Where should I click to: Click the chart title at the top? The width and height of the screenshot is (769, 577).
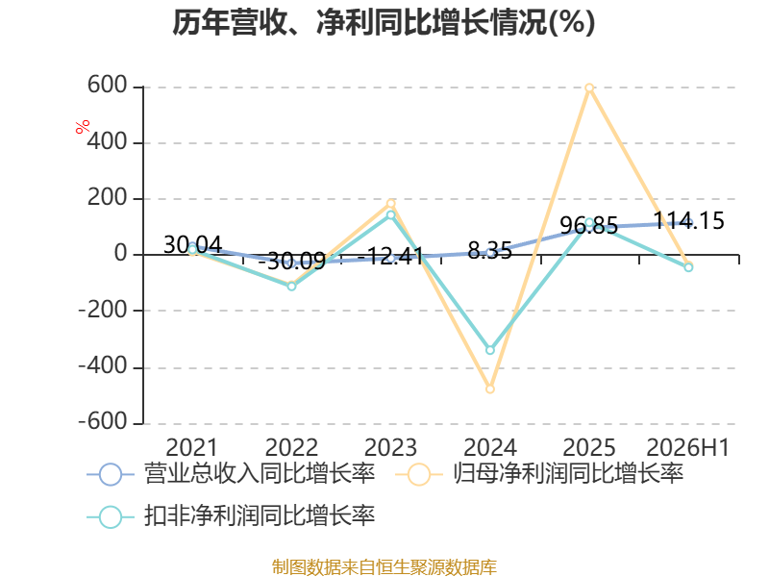point(384,22)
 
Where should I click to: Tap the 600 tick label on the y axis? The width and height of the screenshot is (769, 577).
point(108,86)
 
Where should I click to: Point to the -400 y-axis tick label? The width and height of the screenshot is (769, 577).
point(103,366)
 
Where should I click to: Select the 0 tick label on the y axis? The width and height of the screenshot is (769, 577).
point(121,254)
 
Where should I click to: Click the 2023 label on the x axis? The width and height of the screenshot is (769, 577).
point(390,447)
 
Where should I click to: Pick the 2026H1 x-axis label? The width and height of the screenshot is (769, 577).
point(688,447)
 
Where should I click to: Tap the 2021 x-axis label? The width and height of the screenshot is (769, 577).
point(191,447)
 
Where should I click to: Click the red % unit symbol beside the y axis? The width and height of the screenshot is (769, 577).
point(83,126)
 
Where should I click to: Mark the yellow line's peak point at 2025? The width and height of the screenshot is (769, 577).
point(589,88)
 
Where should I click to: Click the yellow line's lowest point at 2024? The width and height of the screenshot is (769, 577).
point(490,389)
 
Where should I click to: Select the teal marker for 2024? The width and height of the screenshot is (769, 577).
point(490,350)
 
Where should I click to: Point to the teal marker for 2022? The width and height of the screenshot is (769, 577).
point(291,286)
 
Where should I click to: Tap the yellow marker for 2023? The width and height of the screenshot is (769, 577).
point(391,203)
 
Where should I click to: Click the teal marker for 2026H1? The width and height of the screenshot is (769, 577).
point(688,267)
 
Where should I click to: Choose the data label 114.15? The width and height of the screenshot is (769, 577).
point(689,221)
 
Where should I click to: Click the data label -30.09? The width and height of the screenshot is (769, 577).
point(292,261)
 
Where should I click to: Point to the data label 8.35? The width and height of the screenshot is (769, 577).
point(490,251)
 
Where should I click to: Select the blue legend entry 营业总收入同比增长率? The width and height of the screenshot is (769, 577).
point(231,474)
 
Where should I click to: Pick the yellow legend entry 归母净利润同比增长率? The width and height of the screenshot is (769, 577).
point(539,474)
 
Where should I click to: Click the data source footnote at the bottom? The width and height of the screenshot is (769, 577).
point(384,566)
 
